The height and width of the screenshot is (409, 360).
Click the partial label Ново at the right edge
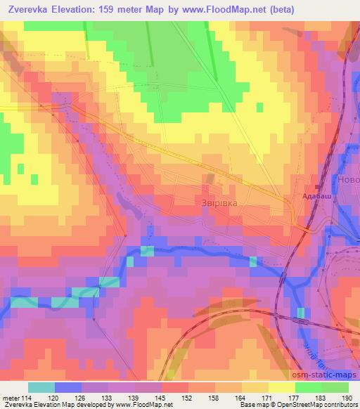(x=348, y=181)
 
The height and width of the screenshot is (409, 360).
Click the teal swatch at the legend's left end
(x=41, y=387)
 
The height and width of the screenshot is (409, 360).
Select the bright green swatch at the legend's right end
(x=335, y=387)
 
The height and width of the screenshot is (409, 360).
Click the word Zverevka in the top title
(x=32, y=9)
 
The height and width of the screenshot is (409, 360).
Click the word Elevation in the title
(x=83, y=9)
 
